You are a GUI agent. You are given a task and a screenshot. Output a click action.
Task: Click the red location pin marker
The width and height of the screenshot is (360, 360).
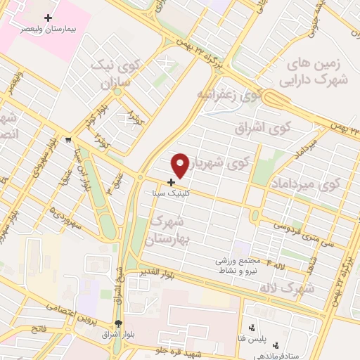180,165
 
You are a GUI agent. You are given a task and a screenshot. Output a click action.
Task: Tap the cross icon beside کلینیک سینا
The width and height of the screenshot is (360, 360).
172,182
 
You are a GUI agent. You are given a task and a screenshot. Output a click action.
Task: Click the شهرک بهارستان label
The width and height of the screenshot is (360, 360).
169,231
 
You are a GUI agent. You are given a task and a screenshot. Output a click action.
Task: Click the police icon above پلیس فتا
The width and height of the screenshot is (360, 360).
252,328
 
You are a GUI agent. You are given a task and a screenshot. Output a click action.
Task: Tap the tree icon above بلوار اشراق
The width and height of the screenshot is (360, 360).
118,323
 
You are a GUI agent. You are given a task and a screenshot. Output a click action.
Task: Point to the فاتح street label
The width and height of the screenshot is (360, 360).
39,329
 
